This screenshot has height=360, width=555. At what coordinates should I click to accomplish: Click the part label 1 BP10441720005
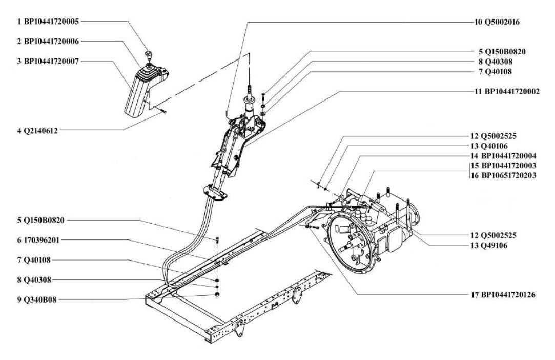tap(48, 21)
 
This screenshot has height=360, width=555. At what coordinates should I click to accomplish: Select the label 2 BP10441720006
tap(48, 41)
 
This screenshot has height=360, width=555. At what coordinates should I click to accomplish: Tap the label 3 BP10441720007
tap(48, 61)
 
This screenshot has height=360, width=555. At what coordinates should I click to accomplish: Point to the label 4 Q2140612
tap(37, 130)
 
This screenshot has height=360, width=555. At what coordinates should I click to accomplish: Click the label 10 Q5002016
tap(497, 22)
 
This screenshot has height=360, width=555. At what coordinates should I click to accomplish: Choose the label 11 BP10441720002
tap(507, 91)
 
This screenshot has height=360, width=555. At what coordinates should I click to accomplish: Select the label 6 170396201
tap(38, 240)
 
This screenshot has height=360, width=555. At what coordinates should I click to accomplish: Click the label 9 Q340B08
tap(37, 300)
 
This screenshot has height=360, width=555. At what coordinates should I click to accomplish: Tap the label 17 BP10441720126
tap(503, 294)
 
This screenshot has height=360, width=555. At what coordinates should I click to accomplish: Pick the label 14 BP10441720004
tap(503, 155)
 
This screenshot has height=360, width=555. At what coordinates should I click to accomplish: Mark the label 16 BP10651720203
tap(503, 175)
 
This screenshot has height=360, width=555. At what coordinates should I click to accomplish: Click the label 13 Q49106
tap(489, 245)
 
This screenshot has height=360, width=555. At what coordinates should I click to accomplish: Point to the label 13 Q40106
tap(489, 146)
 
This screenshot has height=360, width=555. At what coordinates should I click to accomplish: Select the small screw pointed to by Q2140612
tap(163, 111)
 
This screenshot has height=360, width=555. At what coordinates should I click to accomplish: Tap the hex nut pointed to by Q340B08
tap(217, 294)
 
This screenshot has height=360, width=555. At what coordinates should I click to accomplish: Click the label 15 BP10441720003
tap(503, 166)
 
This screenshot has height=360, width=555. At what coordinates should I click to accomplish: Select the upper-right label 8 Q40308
tap(496, 62)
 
